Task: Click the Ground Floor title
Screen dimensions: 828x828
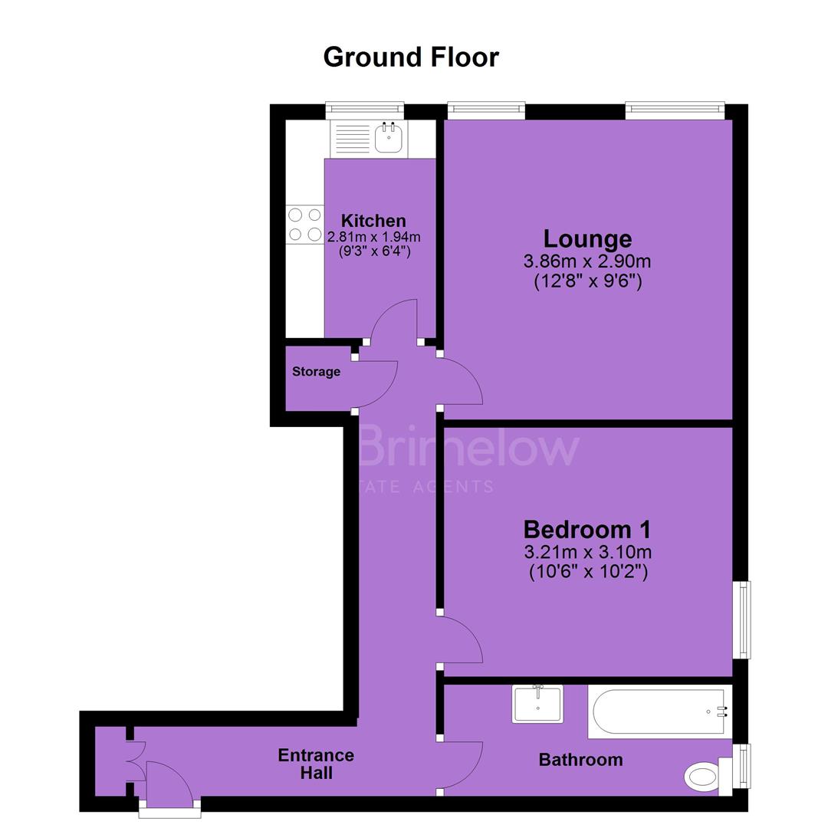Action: coord(411,57)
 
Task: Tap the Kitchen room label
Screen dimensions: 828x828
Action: coord(373,220)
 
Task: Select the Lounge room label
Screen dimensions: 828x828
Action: coord(588,239)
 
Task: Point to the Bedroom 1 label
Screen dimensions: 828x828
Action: coord(587,529)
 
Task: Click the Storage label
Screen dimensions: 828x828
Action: coord(317,372)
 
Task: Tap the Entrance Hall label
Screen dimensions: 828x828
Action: coord(316,764)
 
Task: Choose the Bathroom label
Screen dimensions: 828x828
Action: coord(581,760)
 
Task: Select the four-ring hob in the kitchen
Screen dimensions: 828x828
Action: coord(304,225)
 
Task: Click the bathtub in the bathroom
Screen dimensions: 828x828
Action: coord(659,711)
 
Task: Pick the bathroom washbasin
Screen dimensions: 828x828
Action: coord(537,704)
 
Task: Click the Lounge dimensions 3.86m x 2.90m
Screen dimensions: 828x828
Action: coord(587,261)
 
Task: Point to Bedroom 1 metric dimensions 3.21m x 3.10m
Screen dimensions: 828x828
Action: coord(588,552)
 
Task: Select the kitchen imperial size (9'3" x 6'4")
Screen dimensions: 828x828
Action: coord(374,251)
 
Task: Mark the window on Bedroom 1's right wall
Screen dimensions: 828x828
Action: coord(743,619)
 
